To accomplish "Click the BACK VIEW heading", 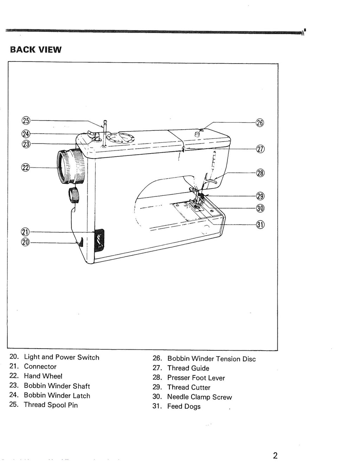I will click(36, 50).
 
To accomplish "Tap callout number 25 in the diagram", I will click(26, 121).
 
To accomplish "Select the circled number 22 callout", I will click(26, 167).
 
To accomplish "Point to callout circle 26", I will click(260, 123).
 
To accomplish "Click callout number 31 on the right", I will click(260, 225).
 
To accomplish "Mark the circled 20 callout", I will click(26, 242).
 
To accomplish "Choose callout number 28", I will click(260, 173).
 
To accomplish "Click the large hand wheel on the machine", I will click(70, 166).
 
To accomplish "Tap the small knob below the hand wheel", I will click(74, 195).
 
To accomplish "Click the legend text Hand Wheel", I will click(43, 376).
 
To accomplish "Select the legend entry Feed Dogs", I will click(184, 407).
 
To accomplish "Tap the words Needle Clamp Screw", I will click(199, 397).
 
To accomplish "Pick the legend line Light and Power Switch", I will click(62, 357).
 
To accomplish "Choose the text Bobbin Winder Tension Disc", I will click(211, 359).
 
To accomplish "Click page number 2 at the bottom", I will click(275, 455).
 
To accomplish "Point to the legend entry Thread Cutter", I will click(188, 387).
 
